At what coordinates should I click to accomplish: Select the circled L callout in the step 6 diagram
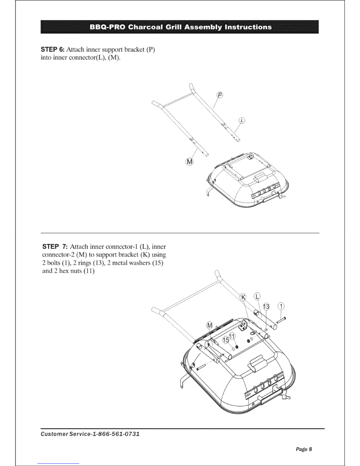[242, 121]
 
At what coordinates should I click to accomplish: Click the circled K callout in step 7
[244, 297]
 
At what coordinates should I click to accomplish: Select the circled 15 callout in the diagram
[226, 340]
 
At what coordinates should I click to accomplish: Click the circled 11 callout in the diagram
[232, 337]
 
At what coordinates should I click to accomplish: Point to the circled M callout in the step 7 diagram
[210, 325]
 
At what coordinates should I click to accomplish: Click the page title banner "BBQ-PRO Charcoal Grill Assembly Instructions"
[180, 27]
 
